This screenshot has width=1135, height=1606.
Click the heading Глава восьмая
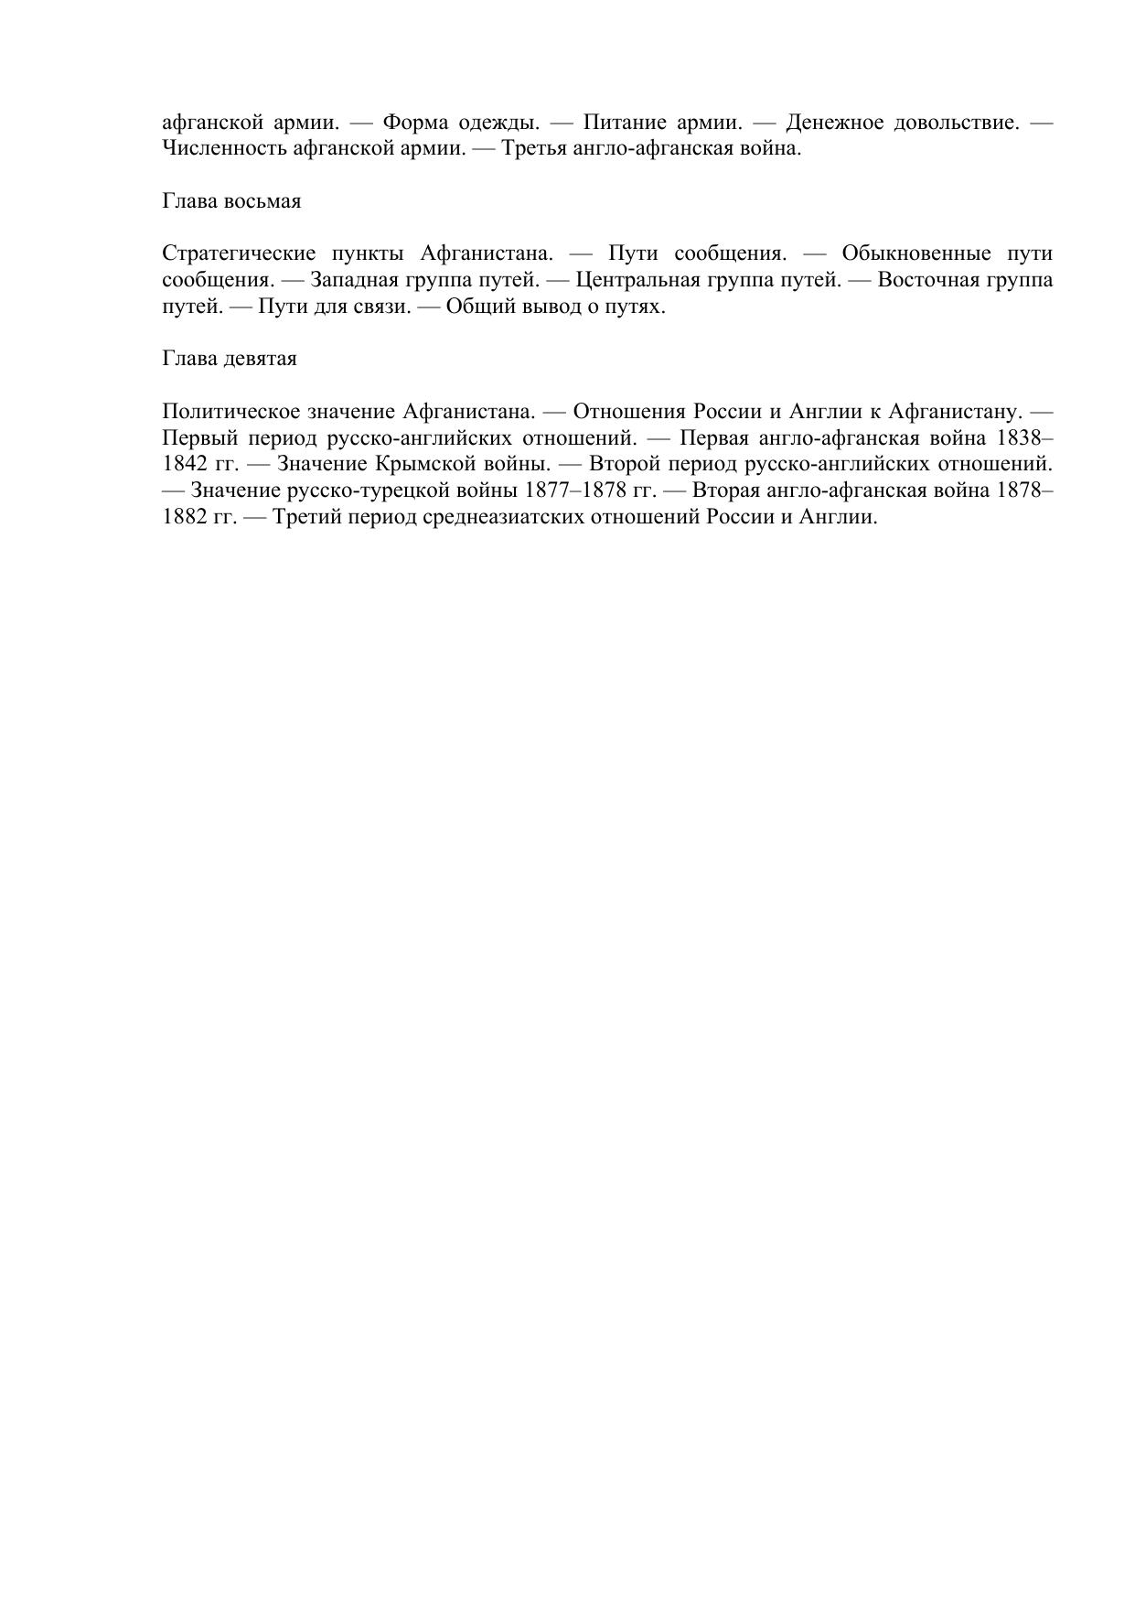click(231, 201)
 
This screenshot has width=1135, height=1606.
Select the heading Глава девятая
click(230, 359)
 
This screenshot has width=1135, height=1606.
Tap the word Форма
click(413, 123)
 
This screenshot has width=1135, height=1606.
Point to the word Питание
click(622, 123)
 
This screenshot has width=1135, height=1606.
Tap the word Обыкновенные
click(915, 253)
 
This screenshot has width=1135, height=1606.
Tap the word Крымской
click(419, 464)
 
